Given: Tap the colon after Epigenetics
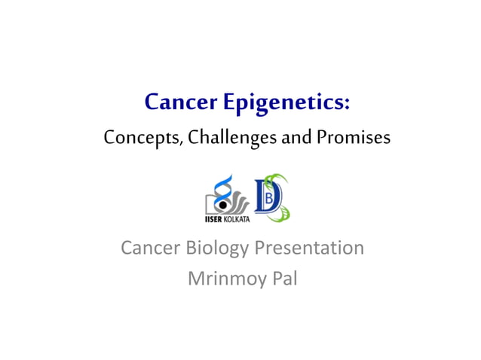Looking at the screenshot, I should (346, 103).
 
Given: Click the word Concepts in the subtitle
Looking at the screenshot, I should (133, 139).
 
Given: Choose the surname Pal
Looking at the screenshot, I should (283, 279).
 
